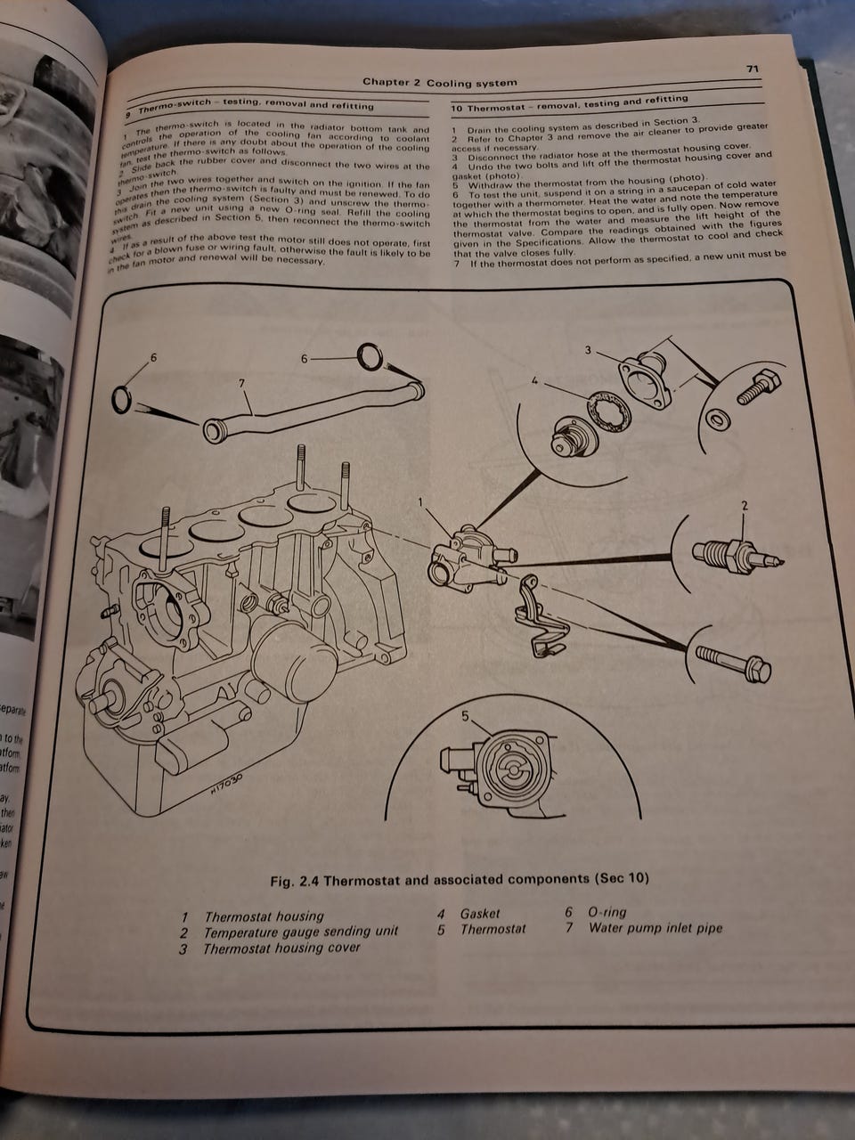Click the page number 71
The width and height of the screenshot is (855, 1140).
point(752,69)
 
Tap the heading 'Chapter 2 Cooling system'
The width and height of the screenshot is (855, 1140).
point(439,83)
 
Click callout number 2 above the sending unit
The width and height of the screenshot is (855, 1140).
point(745,507)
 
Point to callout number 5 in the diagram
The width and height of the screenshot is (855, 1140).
point(464,715)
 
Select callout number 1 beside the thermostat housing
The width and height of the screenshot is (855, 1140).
point(421,502)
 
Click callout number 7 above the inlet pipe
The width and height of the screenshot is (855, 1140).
point(241,383)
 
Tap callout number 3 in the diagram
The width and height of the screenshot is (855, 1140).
point(588,350)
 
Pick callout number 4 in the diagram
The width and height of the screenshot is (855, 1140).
point(534,381)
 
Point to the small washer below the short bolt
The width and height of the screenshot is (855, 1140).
point(718,418)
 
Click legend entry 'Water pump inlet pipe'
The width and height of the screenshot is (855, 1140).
point(655,928)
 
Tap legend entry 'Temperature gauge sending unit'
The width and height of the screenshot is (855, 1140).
point(301,932)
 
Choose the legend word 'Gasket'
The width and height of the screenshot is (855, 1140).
point(480,914)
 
